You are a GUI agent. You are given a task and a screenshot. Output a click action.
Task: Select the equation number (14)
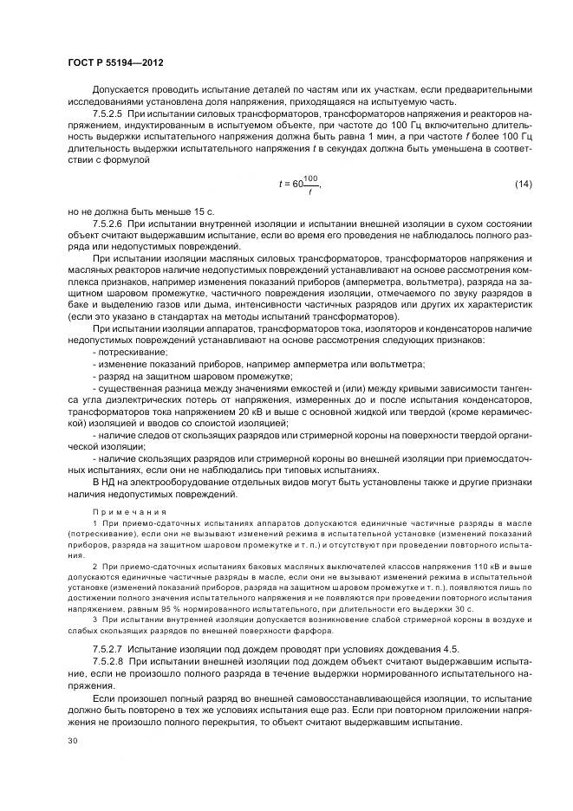point(524,184)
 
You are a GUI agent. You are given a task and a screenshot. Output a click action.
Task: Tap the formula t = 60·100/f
point(300,184)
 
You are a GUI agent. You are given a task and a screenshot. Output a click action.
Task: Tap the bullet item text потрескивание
point(132,353)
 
